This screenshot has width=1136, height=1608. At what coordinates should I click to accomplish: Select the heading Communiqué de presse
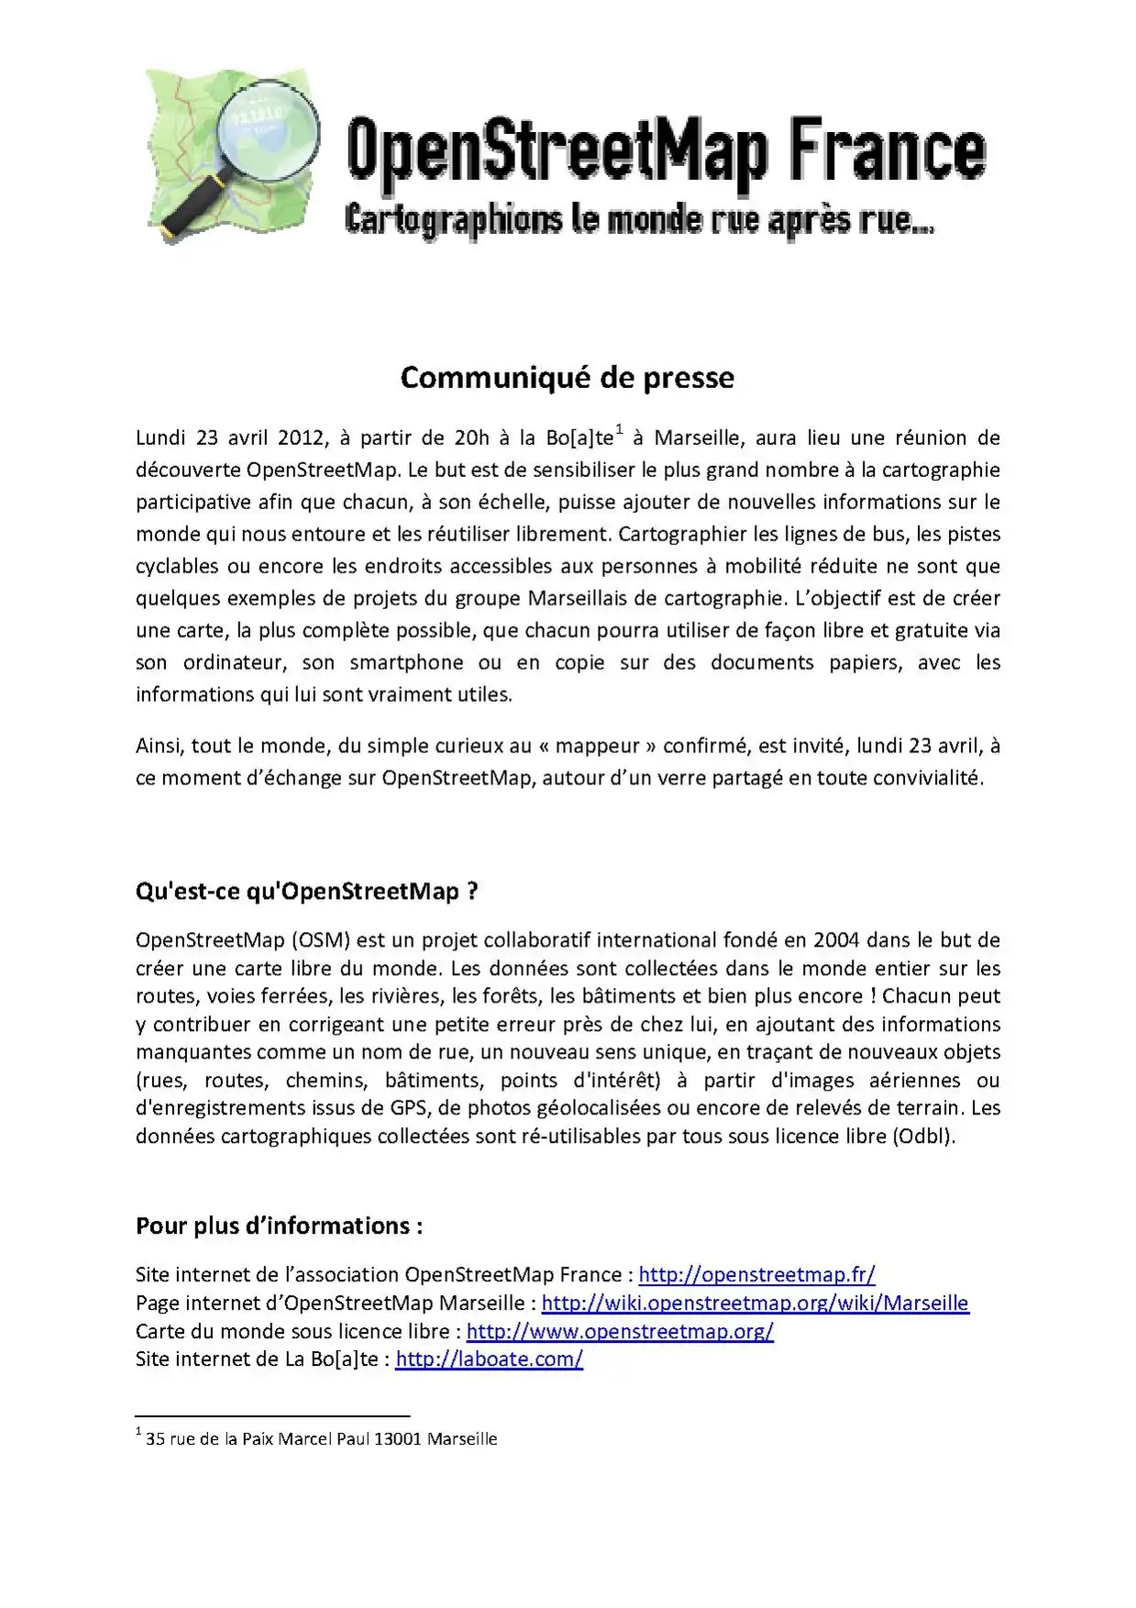click(x=567, y=378)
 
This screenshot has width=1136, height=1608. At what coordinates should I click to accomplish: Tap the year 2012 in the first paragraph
click(x=303, y=438)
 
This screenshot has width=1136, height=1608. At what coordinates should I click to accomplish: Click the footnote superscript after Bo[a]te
click(x=619, y=429)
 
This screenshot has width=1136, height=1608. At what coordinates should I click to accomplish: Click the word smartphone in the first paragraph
click(x=406, y=663)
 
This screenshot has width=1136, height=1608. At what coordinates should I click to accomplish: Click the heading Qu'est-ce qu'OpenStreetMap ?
click(x=306, y=892)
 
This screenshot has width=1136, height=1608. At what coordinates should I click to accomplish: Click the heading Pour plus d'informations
click(x=279, y=1226)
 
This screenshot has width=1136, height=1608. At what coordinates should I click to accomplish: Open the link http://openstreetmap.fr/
click(x=756, y=1275)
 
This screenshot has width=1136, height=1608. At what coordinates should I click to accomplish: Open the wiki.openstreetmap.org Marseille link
click(x=755, y=1303)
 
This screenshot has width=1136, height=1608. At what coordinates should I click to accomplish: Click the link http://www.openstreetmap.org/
click(x=620, y=1332)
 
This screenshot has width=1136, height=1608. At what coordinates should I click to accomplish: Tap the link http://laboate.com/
click(x=489, y=1359)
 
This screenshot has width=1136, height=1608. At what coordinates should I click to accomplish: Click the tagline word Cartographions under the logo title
click(x=454, y=220)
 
